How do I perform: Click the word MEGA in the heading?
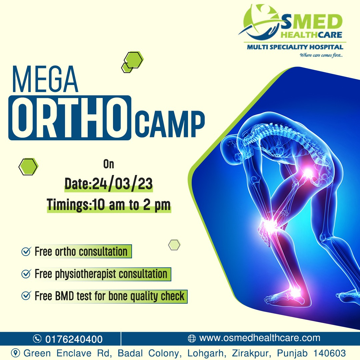(x=45, y=79)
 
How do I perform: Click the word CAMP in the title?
(x=169, y=124)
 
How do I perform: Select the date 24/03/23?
(x=122, y=184)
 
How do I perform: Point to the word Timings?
(x=67, y=204)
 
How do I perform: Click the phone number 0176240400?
(x=74, y=339)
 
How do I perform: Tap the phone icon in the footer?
(x=37, y=339)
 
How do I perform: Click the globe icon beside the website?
(x=192, y=338)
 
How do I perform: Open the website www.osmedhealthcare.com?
(x=260, y=338)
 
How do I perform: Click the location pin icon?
(x=15, y=353)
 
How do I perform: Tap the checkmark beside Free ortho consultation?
(x=26, y=251)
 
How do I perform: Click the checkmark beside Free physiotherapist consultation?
(x=26, y=274)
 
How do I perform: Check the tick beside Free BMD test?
(x=26, y=296)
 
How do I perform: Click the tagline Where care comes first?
(x=321, y=55)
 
